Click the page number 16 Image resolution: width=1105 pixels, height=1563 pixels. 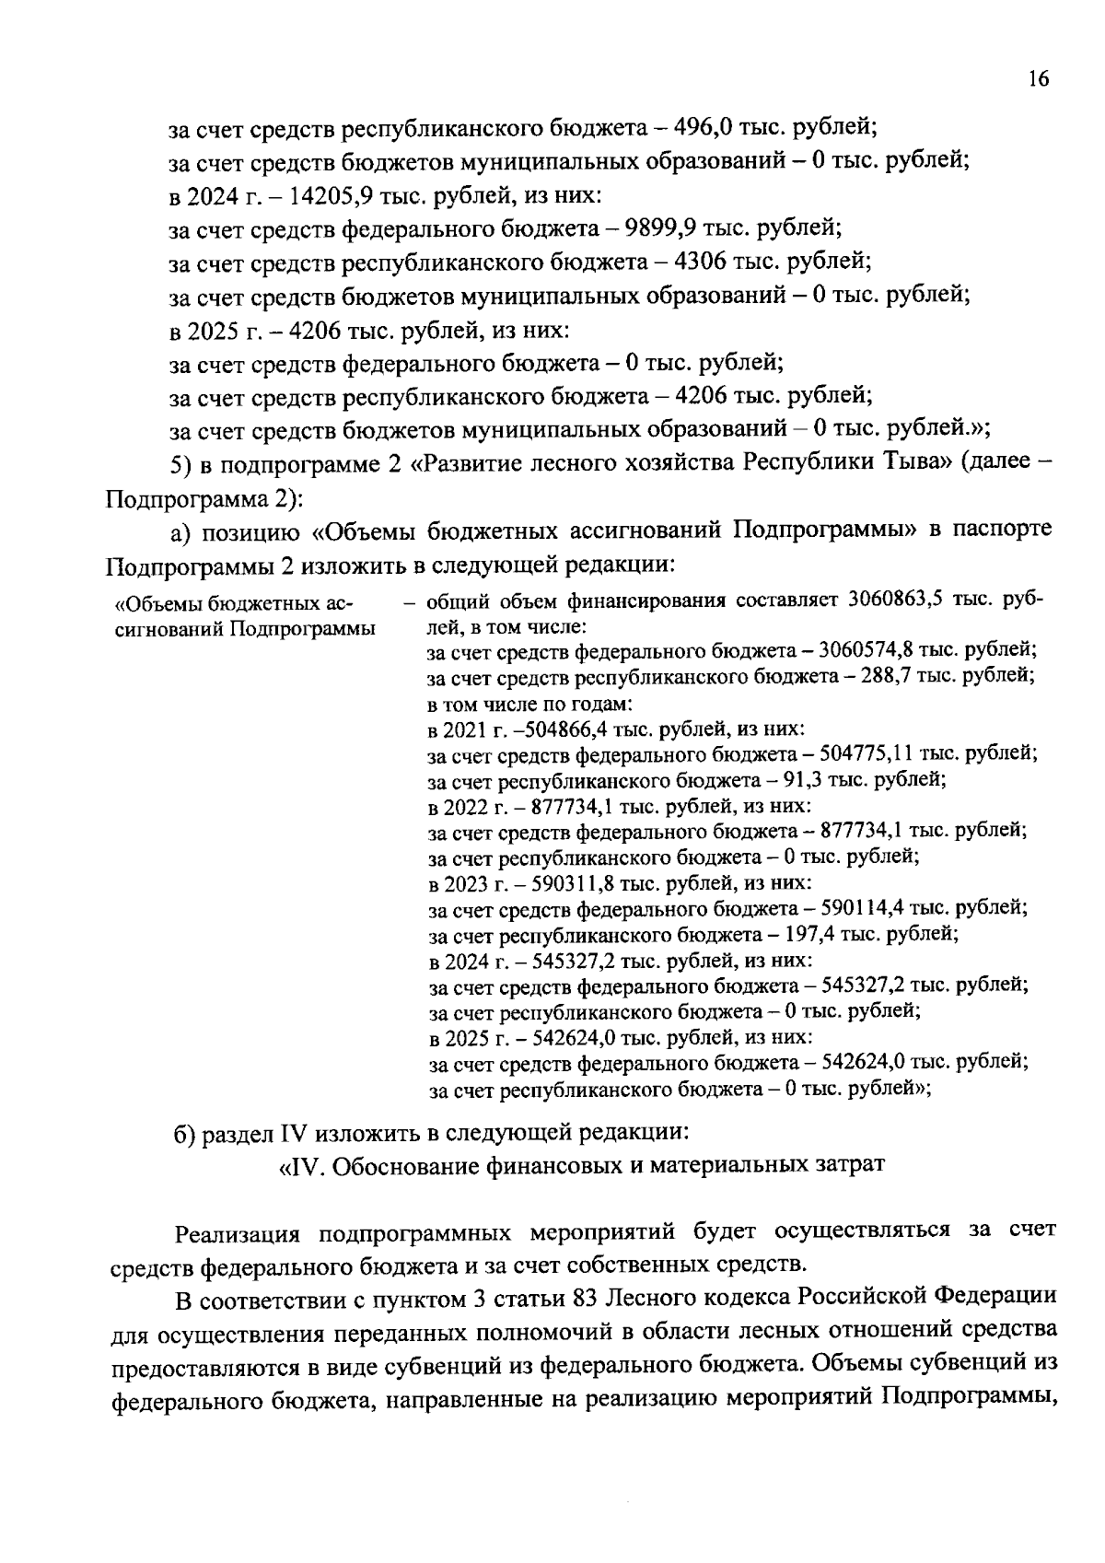click(1039, 79)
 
